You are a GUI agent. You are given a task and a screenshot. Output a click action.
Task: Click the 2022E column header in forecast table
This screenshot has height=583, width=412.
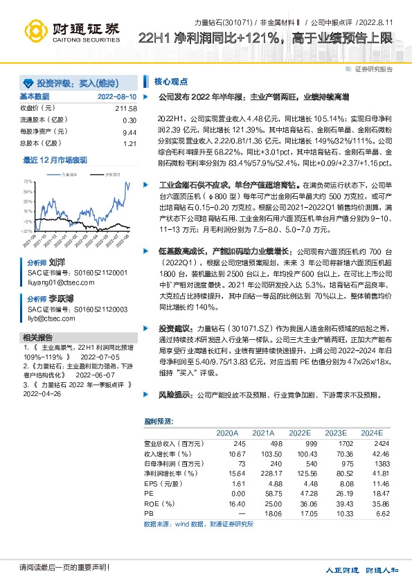[299, 432]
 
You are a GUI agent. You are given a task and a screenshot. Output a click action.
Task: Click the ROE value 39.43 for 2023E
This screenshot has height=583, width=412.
[343, 504]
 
